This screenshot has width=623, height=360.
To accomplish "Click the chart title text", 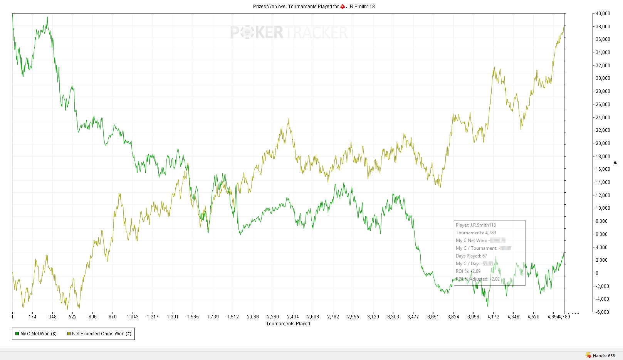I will [x=314, y=6].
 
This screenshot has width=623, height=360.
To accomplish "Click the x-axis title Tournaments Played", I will [x=288, y=324].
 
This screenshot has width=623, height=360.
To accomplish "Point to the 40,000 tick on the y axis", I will [x=603, y=13].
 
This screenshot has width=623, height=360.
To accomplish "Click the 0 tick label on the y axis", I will [x=597, y=273].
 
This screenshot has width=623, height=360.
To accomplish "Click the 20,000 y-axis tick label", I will [x=603, y=143].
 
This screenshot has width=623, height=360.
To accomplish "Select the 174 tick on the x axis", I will [x=32, y=317].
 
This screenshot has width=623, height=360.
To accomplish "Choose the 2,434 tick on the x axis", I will [x=293, y=317].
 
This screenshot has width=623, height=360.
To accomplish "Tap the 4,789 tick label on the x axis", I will [x=564, y=317].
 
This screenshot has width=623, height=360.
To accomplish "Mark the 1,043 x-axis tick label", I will [x=133, y=317].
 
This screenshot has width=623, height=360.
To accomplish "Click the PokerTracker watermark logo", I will [x=289, y=32].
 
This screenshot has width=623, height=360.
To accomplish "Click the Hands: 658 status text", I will [x=604, y=356].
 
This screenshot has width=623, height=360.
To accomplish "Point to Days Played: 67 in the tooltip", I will [x=471, y=256].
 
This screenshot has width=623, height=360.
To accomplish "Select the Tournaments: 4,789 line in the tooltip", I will [x=476, y=233].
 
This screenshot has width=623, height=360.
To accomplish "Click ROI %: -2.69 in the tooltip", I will [x=468, y=271].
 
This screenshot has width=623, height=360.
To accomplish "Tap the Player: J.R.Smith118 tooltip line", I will [x=476, y=225].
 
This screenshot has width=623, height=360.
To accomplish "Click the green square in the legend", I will [x=17, y=334].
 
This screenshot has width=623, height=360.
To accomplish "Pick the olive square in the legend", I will [x=69, y=334].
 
